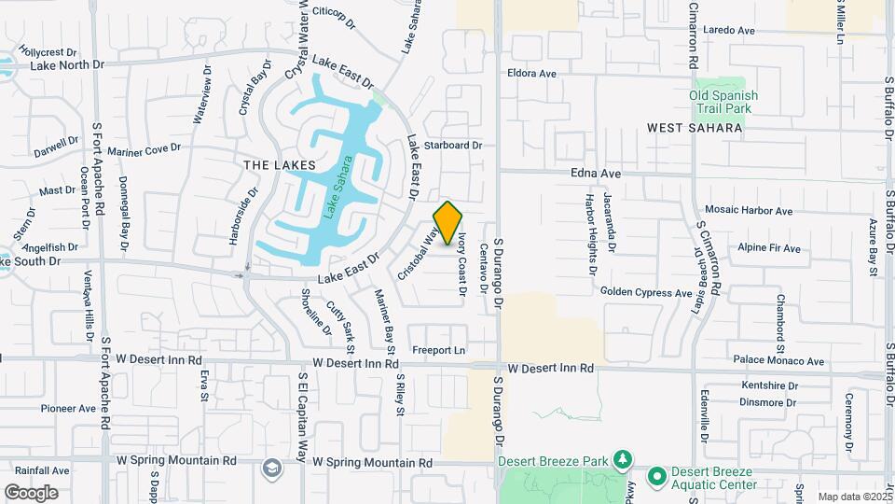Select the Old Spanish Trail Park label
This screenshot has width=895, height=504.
723,102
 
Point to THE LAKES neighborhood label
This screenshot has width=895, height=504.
280,165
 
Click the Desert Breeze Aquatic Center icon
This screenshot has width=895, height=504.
655,477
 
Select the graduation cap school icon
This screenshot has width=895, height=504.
271,468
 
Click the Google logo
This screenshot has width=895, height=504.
31,492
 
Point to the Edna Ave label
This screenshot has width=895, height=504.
596,174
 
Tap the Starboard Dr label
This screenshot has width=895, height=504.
452,146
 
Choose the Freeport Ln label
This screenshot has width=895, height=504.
439,351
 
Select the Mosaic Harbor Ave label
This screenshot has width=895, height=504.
749,211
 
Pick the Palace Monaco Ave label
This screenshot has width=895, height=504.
778,361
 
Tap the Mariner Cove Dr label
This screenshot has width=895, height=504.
144,149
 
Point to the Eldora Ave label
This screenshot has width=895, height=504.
531,73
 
